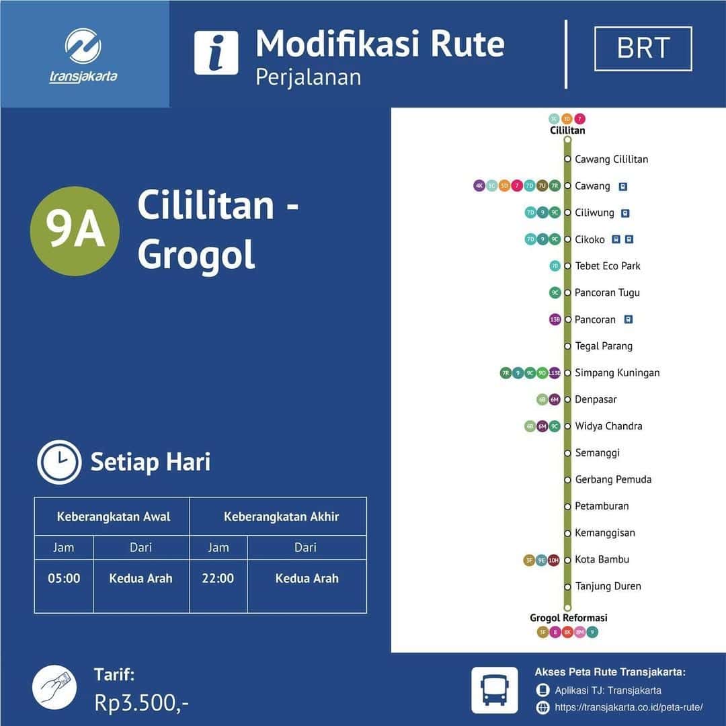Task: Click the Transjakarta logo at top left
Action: coord(83,55)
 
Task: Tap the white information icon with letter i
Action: coord(216,53)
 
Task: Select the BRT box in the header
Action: coord(643,48)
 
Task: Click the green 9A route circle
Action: coord(75,231)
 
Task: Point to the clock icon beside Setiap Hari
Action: coord(59,462)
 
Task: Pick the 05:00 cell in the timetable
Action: coord(64,578)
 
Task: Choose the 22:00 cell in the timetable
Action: coord(218,578)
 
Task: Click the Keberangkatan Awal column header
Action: coord(113,517)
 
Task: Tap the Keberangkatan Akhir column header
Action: coord(281,517)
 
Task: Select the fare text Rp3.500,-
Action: coord(141,703)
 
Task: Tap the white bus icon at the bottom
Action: coord(495,690)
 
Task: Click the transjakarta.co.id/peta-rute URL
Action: coord(629,707)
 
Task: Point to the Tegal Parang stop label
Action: coord(604,346)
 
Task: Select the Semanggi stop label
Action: coord(597,453)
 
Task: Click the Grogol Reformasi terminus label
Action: coord(568,618)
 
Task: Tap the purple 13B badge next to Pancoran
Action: coord(555,320)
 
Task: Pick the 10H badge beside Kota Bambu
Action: coord(553,560)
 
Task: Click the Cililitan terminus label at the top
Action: coord(567,130)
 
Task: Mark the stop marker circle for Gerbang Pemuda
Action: coord(567,480)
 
